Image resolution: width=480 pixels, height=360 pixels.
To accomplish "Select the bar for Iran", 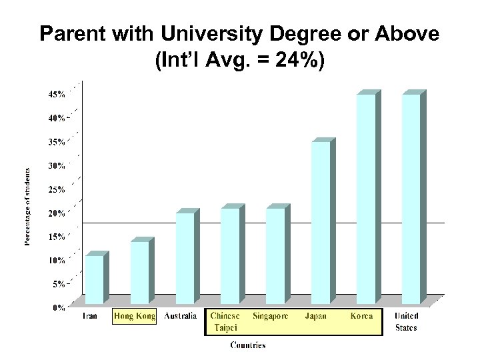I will (x=95, y=279).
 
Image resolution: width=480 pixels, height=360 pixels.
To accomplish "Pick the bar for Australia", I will (x=185, y=258).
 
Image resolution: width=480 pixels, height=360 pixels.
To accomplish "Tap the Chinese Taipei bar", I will (x=231, y=256).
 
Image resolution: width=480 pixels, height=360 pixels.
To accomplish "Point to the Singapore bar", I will (x=275, y=256).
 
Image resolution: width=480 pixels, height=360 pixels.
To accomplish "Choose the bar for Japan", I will (x=321, y=223).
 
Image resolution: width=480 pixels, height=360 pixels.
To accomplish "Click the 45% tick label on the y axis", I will (x=56, y=95).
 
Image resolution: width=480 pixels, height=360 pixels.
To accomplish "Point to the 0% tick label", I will (x=58, y=307).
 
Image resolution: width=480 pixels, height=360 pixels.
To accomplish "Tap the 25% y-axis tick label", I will (x=56, y=189).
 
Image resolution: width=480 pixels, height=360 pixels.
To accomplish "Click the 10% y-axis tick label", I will (x=56, y=260).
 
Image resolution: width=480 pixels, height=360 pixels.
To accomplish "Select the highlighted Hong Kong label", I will (x=135, y=316).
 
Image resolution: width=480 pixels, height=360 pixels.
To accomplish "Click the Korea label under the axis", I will (x=361, y=316).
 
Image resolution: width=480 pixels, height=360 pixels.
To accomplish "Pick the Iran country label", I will (x=90, y=316).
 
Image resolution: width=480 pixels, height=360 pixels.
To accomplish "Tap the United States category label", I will (x=406, y=321).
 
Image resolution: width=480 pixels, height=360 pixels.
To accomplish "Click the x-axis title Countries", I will (x=248, y=345).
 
